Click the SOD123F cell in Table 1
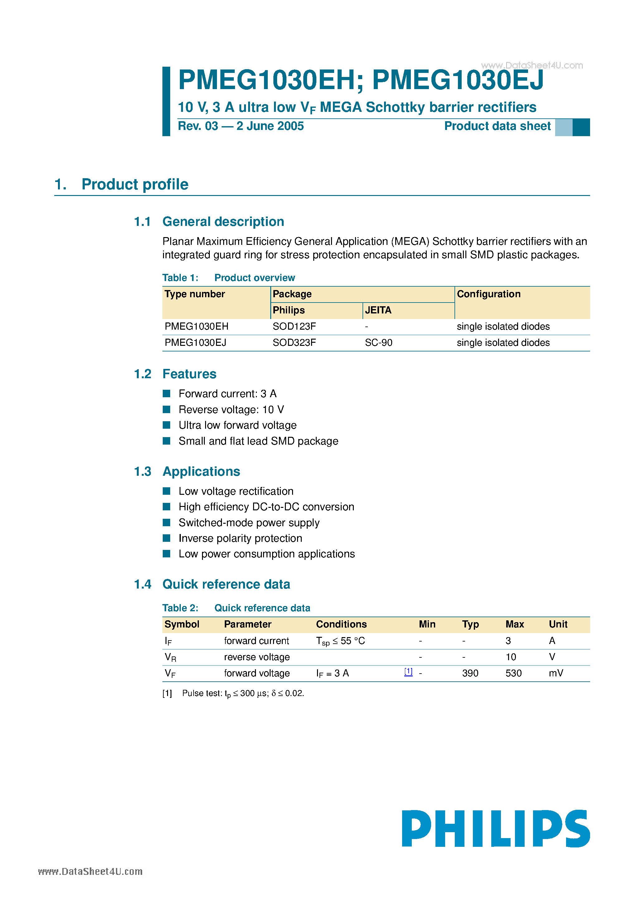pos(294,326)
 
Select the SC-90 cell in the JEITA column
pos(378,342)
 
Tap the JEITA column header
pos(378,310)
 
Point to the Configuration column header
pos(488,294)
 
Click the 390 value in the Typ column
pos(470,673)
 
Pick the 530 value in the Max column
pos(513,673)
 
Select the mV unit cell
pos(556,673)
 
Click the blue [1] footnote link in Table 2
pos(408,671)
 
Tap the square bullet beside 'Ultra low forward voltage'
pos(166,425)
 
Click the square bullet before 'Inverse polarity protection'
pos(166,538)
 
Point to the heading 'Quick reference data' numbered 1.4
pos(226,584)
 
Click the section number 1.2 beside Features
pos(142,374)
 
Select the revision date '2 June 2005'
pos(270,126)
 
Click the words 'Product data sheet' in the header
pos(497,126)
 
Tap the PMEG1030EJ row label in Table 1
pos(195,342)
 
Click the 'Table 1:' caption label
pos(180,278)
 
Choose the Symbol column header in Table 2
pos(182,624)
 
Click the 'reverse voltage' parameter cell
pos(257,657)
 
